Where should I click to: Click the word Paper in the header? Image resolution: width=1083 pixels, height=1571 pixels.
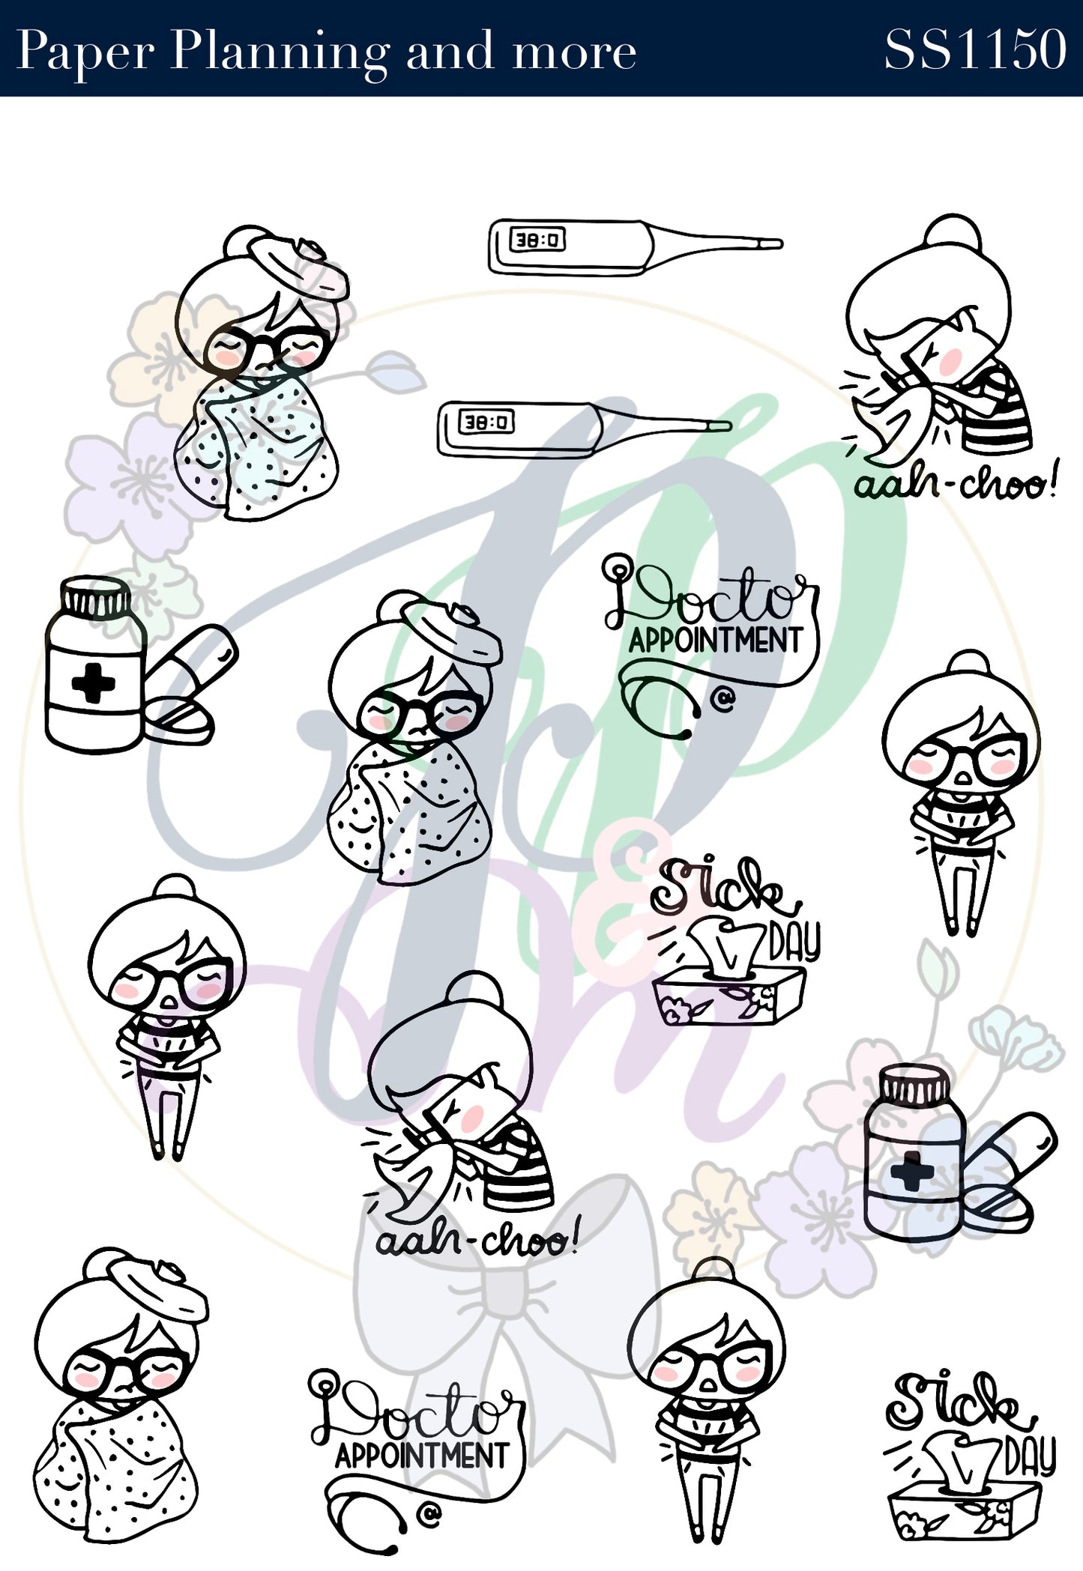tap(85, 52)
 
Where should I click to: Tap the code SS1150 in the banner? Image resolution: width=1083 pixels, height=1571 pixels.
tap(975, 49)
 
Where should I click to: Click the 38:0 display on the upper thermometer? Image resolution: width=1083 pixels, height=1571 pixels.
tap(537, 240)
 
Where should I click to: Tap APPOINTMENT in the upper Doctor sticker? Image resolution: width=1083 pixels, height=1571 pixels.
tap(715, 641)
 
